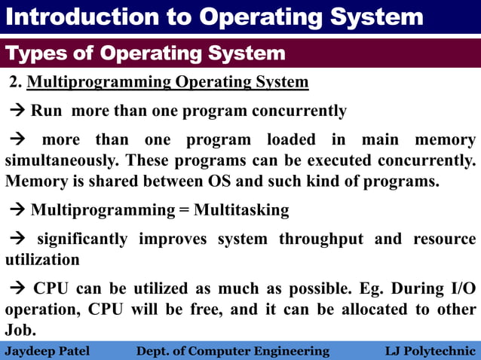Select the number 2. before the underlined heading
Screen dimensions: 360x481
coord(16,82)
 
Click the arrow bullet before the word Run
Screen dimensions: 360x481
coord(17,112)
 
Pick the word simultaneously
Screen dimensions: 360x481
coord(62,161)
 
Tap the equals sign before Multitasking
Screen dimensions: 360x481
coord(183,210)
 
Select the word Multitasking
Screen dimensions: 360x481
coord(241,210)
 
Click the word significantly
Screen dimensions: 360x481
coord(82,239)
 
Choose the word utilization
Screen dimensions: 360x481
coord(42,260)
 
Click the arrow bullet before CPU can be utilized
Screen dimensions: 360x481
coord(17,289)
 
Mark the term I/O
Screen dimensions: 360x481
coord(461,288)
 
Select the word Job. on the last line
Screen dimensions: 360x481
coord(20,331)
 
